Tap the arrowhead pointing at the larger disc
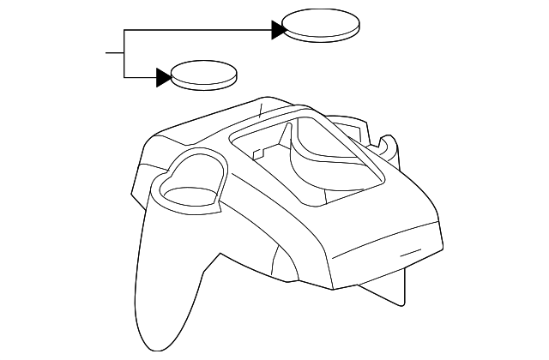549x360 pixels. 278,31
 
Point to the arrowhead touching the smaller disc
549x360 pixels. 164,78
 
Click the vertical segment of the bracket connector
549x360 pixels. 125,54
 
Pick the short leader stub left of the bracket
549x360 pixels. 115,53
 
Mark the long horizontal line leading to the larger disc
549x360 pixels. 197,31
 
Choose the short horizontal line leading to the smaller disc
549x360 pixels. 141,78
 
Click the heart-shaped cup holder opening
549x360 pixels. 189,181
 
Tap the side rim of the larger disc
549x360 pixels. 321,35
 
